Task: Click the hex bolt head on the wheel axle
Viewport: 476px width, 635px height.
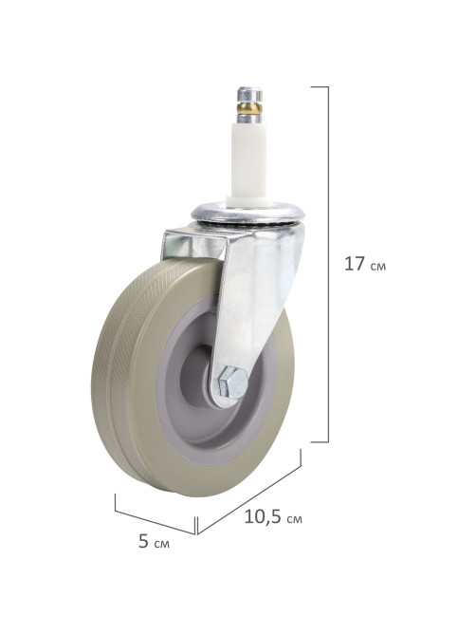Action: pyautogui.click(x=232, y=383)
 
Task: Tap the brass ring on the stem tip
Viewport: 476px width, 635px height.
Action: pyautogui.click(x=249, y=108)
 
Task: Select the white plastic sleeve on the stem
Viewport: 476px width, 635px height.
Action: pyautogui.click(x=248, y=160)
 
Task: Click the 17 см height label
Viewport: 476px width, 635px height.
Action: pyautogui.click(x=364, y=265)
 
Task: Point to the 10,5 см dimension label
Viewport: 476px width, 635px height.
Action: pyautogui.click(x=273, y=517)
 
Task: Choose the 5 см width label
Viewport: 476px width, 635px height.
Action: pyautogui.click(x=154, y=542)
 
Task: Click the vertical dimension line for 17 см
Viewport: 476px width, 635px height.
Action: pyautogui.click(x=328, y=264)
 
